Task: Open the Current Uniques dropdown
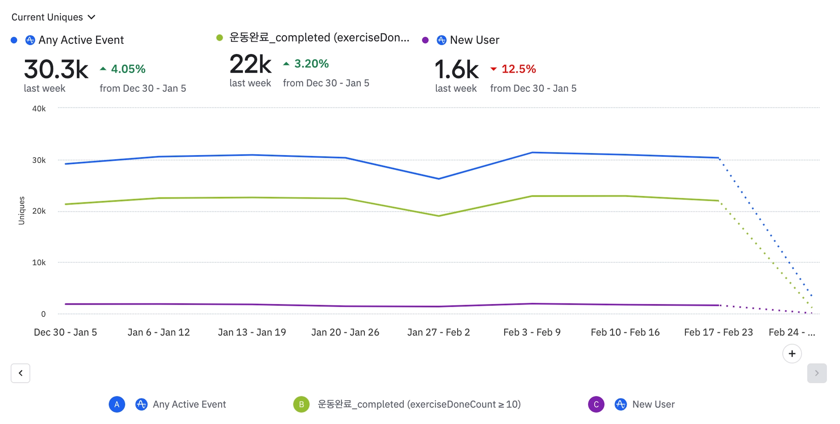(x=53, y=17)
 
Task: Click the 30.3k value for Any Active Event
(x=56, y=69)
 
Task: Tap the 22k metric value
(x=250, y=64)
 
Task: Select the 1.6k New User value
(x=456, y=69)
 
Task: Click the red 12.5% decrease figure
(x=518, y=69)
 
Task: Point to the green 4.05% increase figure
(x=128, y=69)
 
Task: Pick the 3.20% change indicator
(x=311, y=64)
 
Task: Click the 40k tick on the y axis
(x=39, y=109)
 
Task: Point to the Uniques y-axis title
(x=22, y=211)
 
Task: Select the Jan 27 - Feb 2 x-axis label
(x=438, y=332)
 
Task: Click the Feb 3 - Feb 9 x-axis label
(x=532, y=332)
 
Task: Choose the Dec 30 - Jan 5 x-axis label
(x=65, y=332)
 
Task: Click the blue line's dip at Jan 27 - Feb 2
(x=438, y=179)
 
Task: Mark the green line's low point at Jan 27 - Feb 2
(x=438, y=216)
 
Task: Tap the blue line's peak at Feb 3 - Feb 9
(x=532, y=153)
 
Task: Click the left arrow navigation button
(x=21, y=373)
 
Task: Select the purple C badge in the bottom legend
(x=596, y=404)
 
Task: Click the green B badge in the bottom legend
(x=301, y=404)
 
